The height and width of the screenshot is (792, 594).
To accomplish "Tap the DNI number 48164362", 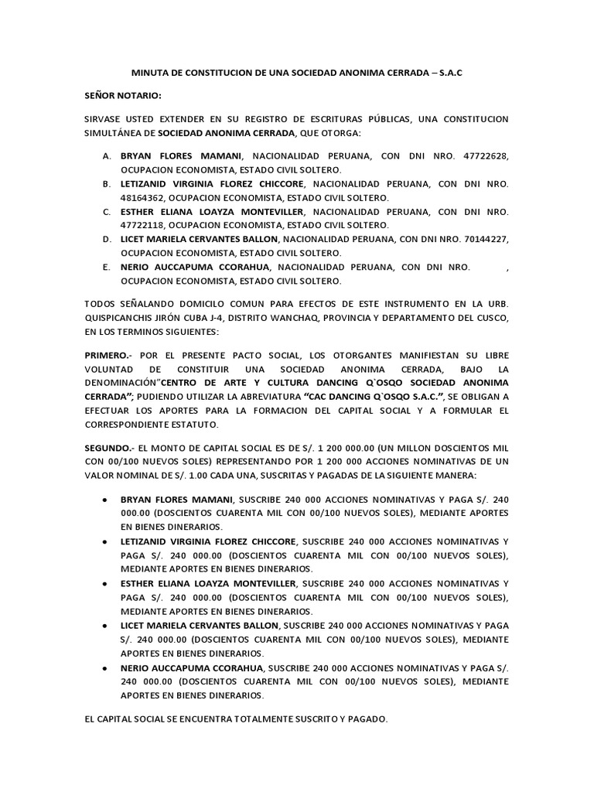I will click(145, 197).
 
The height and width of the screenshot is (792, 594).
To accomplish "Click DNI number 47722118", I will click(145, 225).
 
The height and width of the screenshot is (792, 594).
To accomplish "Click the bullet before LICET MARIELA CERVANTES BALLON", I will click(104, 624).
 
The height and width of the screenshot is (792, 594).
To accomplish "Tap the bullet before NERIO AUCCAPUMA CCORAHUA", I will click(104, 666).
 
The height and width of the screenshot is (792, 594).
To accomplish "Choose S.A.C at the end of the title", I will click(451, 72).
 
